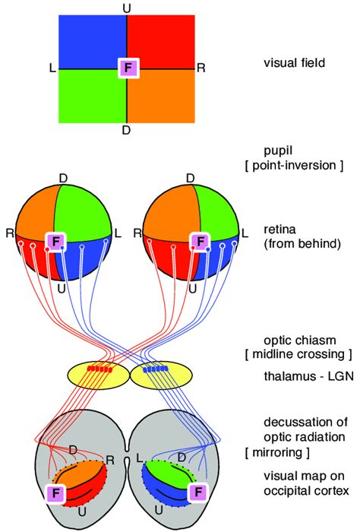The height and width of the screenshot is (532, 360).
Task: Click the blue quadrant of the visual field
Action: (x=91, y=42)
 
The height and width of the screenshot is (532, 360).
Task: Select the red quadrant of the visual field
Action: (x=161, y=42)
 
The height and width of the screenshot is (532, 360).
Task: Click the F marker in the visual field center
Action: (x=128, y=68)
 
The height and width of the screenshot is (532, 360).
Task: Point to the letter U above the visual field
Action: (x=126, y=7)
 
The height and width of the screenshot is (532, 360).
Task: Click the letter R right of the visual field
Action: (x=201, y=68)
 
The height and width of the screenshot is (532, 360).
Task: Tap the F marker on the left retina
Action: (x=55, y=242)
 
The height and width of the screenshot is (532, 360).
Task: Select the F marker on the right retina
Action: (x=201, y=242)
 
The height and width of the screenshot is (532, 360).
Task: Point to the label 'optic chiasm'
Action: (x=295, y=339)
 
